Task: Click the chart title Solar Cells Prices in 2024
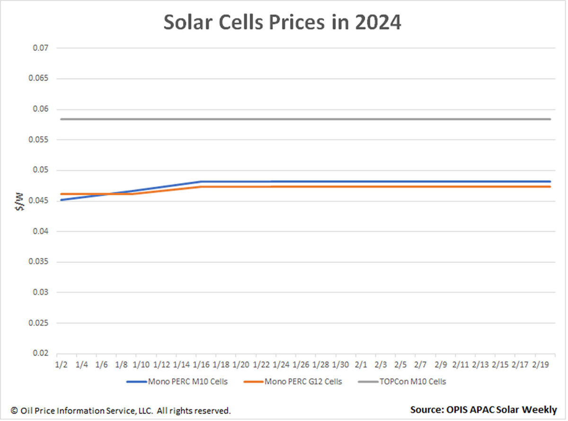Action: point(282,22)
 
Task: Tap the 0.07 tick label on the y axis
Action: point(40,48)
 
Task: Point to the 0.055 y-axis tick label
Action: point(38,140)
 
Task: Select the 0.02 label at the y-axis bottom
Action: point(40,353)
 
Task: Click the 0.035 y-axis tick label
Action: point(38,261)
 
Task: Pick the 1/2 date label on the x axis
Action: point(61,365)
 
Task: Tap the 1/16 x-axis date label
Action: point(201,365)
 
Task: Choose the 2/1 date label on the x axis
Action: point(361,365)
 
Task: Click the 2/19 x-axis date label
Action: point(541,365)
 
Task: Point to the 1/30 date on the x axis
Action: point(340,365)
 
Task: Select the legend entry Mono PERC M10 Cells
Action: point(177,382)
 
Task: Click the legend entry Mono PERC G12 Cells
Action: point(293,382)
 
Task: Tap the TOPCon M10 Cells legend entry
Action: point(402,382)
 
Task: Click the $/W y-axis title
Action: point(19,202)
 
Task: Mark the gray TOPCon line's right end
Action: point(550,119)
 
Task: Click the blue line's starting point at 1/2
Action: point(61,200)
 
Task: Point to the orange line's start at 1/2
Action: point(61,194)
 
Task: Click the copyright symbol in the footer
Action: point(14,411)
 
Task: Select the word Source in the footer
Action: point(427,410)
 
